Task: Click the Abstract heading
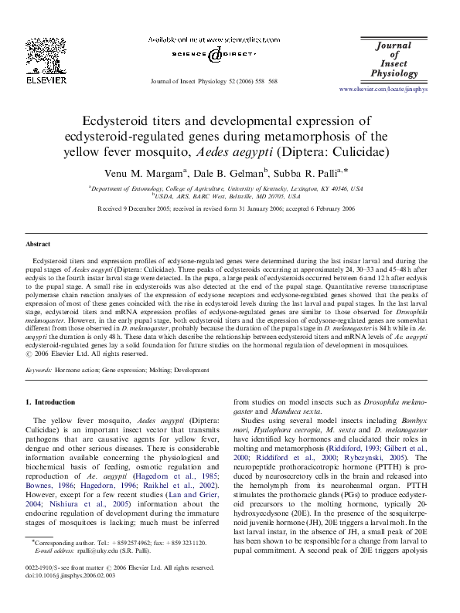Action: (x=39, y=244)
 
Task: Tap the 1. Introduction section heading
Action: (x=51, y=402)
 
